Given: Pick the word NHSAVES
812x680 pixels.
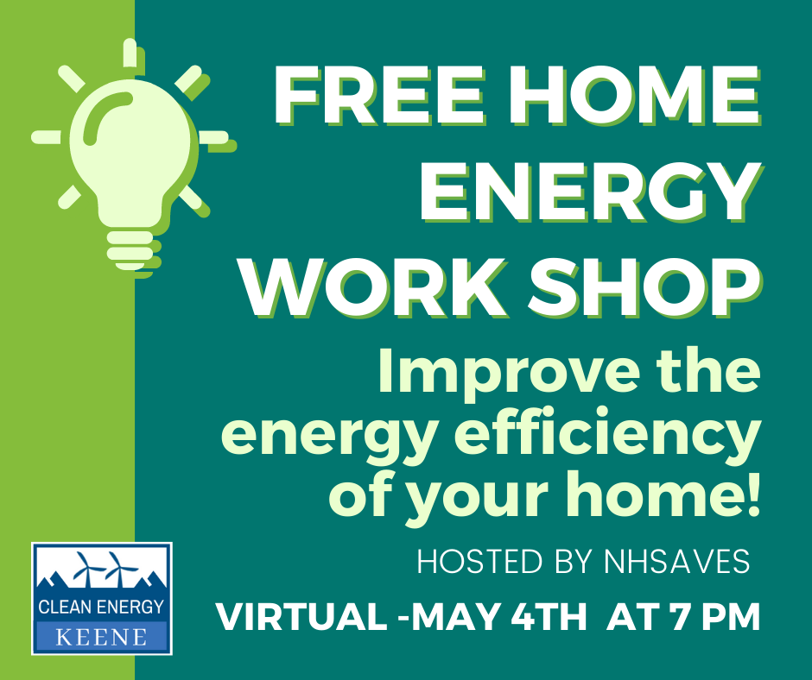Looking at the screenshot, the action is [x=677, y=562].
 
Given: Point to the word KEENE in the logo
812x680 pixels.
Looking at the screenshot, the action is [x=102, y=637].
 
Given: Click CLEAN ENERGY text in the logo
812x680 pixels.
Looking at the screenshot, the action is [x=102, y=607].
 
